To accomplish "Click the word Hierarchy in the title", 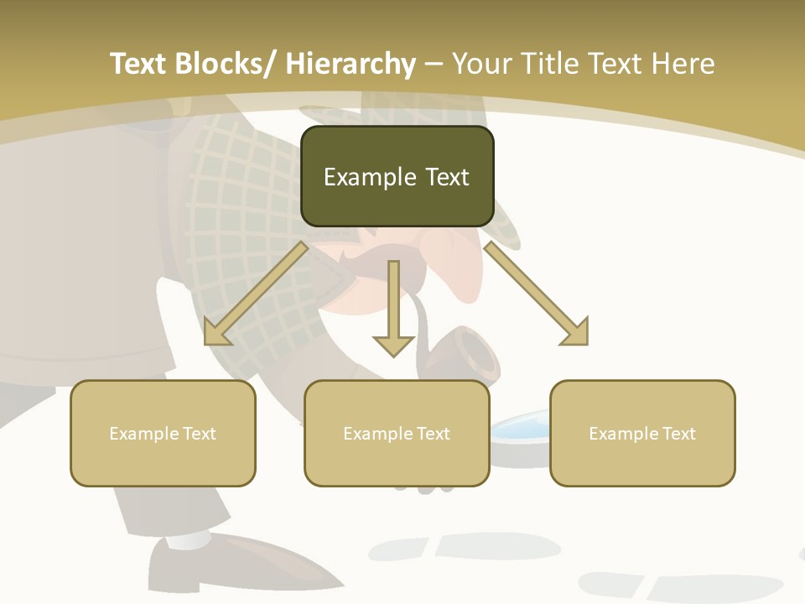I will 351,64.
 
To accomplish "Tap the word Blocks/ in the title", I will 226,64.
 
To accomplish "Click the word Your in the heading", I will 482,64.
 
